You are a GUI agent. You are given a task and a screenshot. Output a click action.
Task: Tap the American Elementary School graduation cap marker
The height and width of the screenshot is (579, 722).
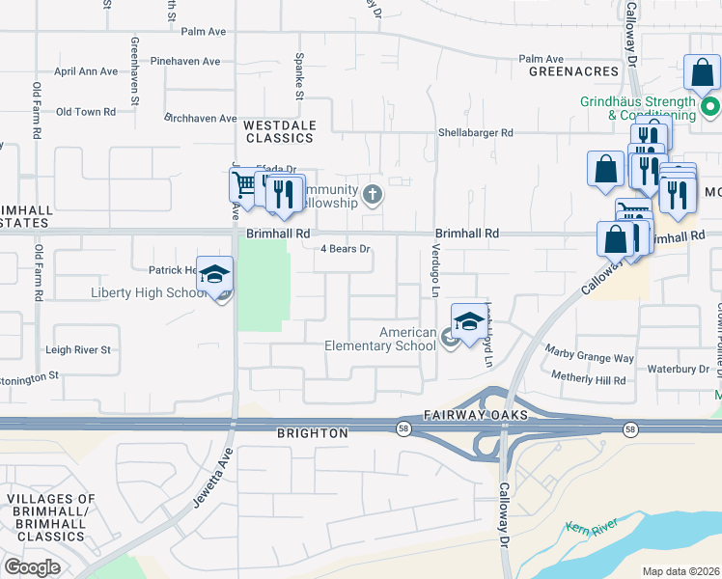pyautogui.click(x=468, y=321)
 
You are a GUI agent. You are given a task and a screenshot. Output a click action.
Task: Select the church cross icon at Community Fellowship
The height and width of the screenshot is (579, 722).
pyautogui.click(x=374, y=197)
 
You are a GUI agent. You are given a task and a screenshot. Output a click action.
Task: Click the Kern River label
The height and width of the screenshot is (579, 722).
pyautogui.click(x=590, y=528)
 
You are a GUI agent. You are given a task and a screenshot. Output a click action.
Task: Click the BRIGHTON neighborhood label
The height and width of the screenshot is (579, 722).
pyautogui.click(x=313, y=433)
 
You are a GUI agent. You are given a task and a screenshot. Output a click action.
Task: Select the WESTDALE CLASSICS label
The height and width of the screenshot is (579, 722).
pyautogui.click(x=279, y=131)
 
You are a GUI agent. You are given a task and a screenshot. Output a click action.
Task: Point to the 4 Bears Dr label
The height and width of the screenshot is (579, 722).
pyautogui.click(x=346, y=249)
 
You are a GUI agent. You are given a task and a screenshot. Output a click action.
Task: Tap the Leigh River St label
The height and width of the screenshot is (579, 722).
pyautogui.click(x=79, y=349)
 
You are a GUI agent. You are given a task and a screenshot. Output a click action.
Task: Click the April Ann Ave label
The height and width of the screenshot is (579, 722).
pyautogui.click(x=86, y=71)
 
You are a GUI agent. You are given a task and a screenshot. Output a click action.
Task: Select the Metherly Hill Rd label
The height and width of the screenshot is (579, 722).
pyautogui.click(x=589, y=379)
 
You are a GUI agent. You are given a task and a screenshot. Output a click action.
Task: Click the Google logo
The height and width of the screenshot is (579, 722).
pyautogui.click(x=32, y=567)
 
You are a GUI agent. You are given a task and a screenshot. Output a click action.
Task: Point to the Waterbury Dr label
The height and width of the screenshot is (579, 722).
pyautogui.click(x=679, y=369)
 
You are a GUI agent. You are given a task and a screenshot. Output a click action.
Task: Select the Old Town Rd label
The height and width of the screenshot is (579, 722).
pyautogui.click(x=86, y=112)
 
